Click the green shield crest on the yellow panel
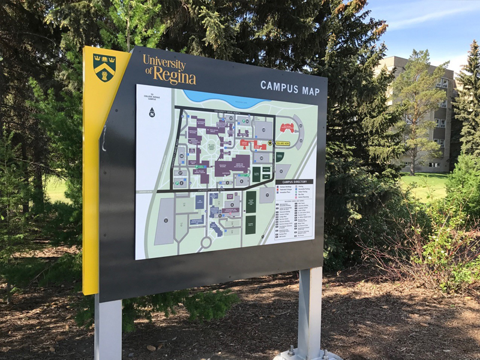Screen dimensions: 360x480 (105, 67)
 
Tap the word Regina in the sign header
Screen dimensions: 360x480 (175, 77)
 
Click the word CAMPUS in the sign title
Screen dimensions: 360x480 (280, 86)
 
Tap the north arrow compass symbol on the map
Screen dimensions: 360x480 (152, 112)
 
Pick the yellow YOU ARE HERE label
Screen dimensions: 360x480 (283, 144)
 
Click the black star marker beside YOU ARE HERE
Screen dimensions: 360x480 (270, 143)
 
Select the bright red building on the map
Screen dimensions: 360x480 (287, 127)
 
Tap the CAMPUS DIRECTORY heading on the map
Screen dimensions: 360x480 (294, 181)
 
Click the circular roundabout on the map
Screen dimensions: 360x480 (206, 242)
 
